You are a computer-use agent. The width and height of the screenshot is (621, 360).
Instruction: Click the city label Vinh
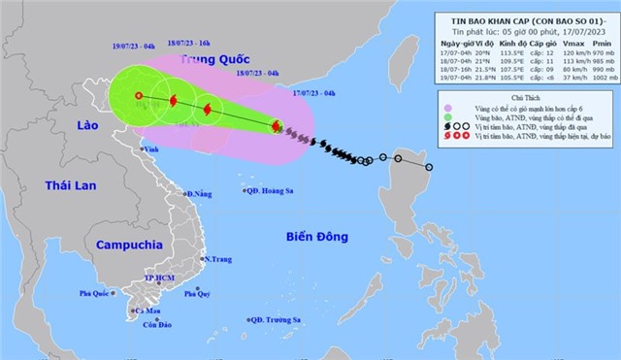tap(150, 149)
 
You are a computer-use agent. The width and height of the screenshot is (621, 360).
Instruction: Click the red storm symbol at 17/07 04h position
tap(277, 127)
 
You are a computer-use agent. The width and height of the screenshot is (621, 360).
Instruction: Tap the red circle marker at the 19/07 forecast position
tap(139, 95)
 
